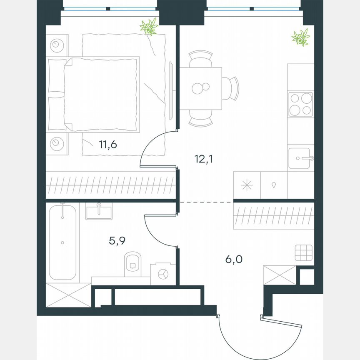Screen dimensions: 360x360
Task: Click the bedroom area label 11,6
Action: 108,145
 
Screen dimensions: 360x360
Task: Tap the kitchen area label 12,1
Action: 204,159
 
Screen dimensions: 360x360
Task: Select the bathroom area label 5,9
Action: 117,241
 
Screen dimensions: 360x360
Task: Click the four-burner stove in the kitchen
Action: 300,104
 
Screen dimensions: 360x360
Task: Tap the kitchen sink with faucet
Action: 300,158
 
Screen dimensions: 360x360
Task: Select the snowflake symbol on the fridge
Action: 247,185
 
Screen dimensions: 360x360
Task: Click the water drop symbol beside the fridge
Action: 274,185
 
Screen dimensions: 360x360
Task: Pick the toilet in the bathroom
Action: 133,262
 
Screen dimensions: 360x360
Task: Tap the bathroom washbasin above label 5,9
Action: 99,211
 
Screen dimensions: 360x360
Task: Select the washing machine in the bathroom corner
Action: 162,273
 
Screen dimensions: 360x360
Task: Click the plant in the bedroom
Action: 149,27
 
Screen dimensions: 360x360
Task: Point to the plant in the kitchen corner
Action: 300,37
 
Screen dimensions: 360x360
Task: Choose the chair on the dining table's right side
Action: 232,88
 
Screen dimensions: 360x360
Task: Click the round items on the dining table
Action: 200,88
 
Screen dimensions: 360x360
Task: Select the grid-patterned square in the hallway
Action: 303,252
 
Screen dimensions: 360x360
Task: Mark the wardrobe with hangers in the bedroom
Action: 110,184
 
